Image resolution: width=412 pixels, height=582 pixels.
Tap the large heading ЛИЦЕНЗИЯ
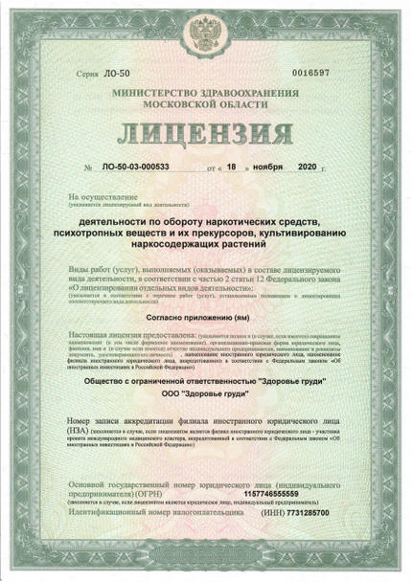205,131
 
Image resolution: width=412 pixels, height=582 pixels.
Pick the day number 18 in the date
230,167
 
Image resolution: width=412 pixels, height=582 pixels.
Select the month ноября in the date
269,167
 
